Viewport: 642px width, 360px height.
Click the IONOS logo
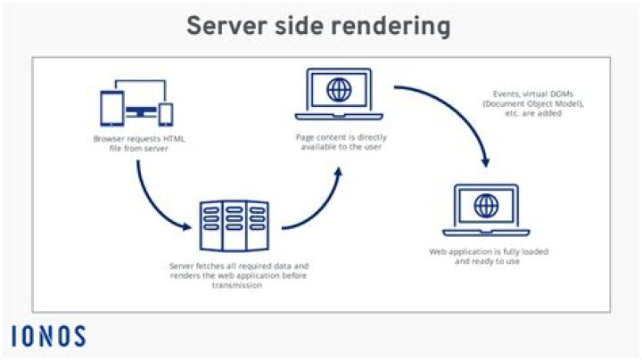click(49, 337)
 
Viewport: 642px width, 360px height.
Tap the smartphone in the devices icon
click(166, 113)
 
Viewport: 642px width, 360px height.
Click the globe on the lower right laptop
click(487, 206)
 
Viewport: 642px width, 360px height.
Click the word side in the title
click(299, 26)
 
